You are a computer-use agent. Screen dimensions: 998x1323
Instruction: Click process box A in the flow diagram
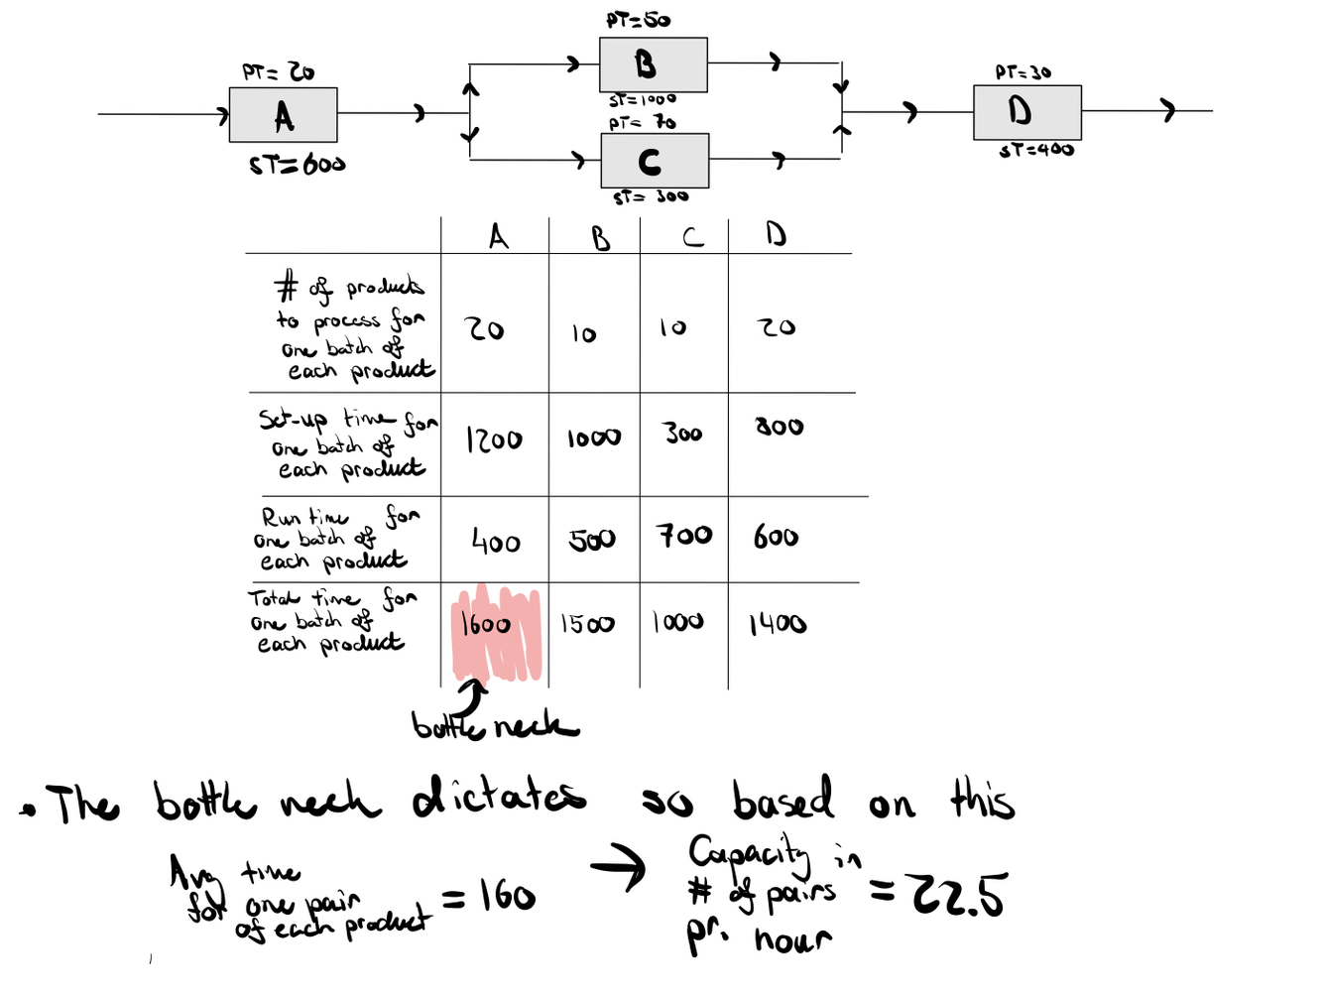(283, 115)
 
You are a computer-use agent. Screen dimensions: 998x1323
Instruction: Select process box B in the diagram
(653, 65)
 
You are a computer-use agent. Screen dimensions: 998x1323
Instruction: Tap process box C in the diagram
(654, 161)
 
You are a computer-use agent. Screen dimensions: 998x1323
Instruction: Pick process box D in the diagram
(1026, 112)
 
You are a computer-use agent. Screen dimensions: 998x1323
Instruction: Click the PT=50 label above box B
(638, 20)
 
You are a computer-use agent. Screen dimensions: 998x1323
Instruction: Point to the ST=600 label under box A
(297, 165)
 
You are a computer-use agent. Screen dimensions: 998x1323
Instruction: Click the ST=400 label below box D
(1036, 151)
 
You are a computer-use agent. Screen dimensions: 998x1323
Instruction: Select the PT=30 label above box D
(1022, 72)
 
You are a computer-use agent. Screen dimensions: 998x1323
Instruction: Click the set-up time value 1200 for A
(494, 439)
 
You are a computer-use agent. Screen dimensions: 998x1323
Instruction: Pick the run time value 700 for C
(684, 536)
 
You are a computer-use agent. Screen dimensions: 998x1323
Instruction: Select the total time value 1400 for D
(778, 624)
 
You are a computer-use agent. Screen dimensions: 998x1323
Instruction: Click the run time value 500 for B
(592, 540)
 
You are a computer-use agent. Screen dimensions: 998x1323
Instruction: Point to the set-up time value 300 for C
(683, 434)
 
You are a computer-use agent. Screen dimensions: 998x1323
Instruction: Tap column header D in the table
(776, 234)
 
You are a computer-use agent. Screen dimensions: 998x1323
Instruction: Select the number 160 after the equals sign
(507, 897)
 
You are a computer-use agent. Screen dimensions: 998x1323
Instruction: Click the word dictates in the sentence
(499, 798)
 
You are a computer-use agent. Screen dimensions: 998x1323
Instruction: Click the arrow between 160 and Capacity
(618, 868)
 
